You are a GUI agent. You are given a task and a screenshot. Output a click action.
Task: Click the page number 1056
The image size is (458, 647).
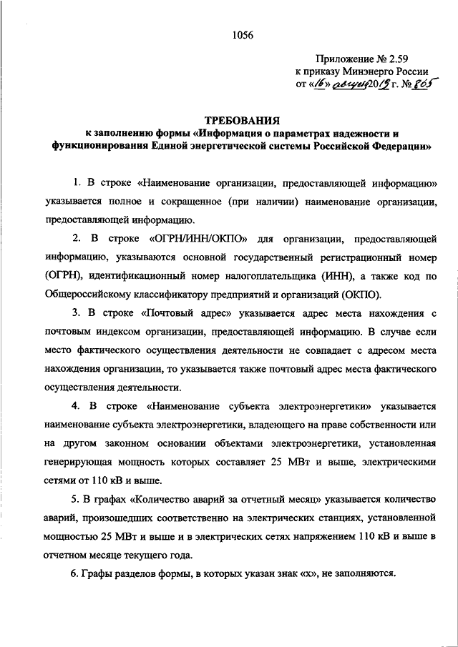(x=242, y=34)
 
